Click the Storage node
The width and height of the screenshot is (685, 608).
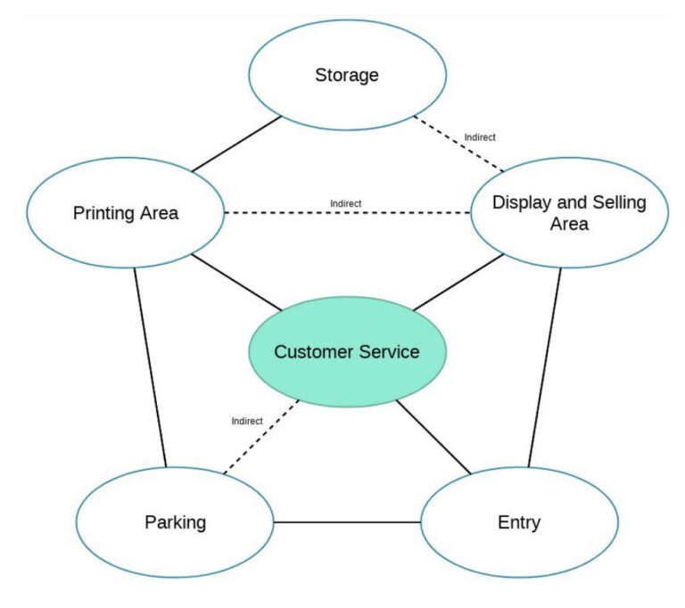click(x=346, y=75)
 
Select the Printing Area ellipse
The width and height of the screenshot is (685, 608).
click(x=125, y=213)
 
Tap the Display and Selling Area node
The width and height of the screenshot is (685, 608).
click(x=569, y=213)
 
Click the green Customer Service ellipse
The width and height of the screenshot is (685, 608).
click(x=346, y=351)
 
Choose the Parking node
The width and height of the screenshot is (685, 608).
click(x=175, y=522)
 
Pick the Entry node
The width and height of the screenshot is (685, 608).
click(x=518, y=522)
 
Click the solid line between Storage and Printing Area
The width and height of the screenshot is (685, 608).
click(x=236, y=143)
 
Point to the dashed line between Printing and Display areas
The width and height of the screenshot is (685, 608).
click(x=346, y=213)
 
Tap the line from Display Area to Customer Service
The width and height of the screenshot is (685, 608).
click(x=458, y=282)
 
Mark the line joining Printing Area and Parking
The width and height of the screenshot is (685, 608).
click(x=150, y=366)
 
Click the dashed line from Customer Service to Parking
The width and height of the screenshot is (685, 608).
click(x=260, y=436)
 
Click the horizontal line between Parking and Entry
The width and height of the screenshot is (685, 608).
click(x=346, y=522)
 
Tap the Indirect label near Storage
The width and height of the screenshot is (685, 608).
click(x=480, y=137)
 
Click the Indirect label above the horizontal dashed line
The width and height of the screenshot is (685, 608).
click(x=345, y=203)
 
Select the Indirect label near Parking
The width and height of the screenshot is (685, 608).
click(x=246, y=421)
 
